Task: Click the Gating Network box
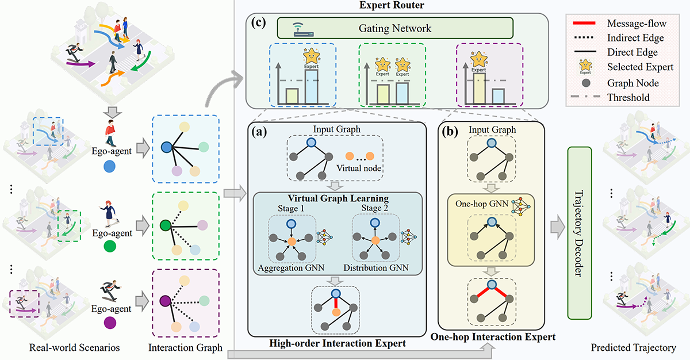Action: [x=395, y=28]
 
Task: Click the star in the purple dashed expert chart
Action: [x=478, y=59]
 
